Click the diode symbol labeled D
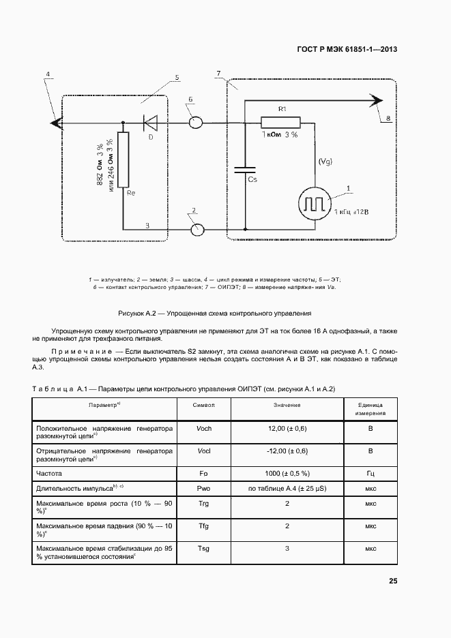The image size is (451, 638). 150,123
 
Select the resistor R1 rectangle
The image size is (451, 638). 280,123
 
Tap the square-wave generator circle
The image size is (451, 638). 315,203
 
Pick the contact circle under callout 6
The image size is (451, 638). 195,123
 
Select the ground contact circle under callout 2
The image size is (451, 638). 197,229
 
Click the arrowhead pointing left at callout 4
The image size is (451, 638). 55,123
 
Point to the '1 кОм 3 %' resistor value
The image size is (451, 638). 279,136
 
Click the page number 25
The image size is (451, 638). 393,581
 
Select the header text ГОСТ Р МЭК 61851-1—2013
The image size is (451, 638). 349,49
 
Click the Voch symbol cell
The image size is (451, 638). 203,428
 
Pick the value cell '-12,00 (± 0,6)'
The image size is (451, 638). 287,451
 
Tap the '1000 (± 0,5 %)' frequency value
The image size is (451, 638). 287,472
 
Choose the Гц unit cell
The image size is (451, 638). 370,472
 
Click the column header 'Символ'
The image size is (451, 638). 203,405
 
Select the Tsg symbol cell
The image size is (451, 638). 203,548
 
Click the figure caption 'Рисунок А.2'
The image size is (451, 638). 215,314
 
